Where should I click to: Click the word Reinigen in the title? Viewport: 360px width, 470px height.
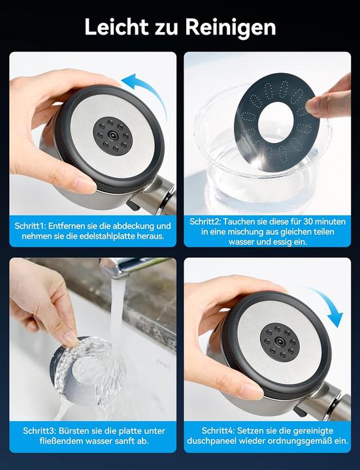[230, 28]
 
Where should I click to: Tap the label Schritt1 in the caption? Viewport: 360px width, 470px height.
[29, 226]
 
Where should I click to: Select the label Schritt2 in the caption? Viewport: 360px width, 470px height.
[205, 221]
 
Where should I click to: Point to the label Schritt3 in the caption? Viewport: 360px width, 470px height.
[39, 431]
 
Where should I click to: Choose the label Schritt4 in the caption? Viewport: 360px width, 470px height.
[218, 430]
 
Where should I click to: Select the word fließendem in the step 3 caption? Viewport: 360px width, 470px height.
[62, 441]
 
